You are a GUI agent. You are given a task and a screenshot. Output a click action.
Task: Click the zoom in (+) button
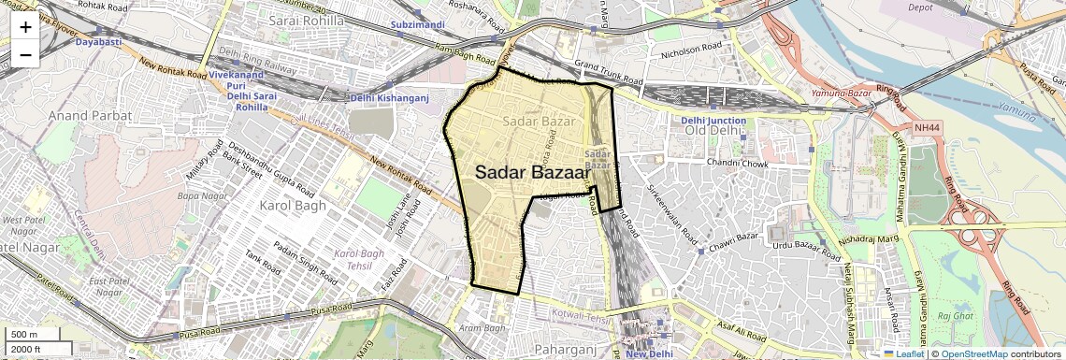pyautogui.click(x=25, y=26)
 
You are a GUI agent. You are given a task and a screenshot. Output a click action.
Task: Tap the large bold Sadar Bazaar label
pyautogui.click(x=532, y=173)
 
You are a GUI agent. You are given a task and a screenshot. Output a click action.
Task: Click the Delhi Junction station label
pyautogui.click(x=713, y=120)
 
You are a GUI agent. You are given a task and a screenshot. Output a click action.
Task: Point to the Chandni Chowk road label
pyautogui.click(x=737, y=163)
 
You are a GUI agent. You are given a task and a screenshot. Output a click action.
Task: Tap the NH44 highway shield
pyautogui.click(x=929, y=127)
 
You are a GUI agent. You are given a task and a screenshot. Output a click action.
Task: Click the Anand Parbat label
pyautogui.click(x=91, y=115)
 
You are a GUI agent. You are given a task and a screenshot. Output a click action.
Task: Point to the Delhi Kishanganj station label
pyautogui.click(x=389, y=98)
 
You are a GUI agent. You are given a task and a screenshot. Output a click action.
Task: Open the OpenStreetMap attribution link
pyautogui.click(x=973, y=353)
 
